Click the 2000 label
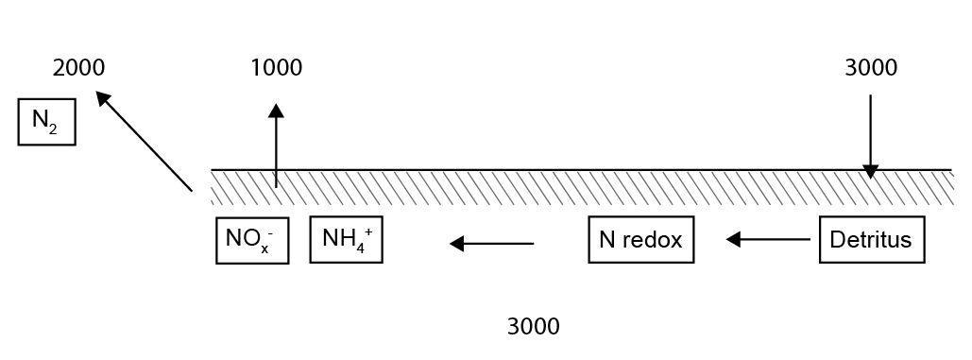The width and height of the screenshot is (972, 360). click(78, 68)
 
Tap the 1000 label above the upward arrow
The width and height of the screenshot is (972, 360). click(276, 68)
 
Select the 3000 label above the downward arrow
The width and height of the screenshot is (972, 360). click(870, 68)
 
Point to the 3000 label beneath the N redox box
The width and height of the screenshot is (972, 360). click(533, 327)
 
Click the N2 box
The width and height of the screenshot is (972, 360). click(46, 122)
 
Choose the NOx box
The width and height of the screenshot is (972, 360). click(251, 240)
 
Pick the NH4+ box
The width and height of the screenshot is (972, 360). click(346, 240)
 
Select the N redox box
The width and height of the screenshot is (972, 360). click(640, 240)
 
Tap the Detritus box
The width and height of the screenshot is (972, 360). click(871, 240)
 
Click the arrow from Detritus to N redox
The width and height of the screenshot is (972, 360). click(768, 240)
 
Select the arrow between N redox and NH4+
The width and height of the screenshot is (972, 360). click(491, 244)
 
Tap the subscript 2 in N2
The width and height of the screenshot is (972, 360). click(53, 129)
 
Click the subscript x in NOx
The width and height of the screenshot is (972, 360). click(265, 249)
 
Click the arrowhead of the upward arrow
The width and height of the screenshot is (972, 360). click(276, 110)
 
